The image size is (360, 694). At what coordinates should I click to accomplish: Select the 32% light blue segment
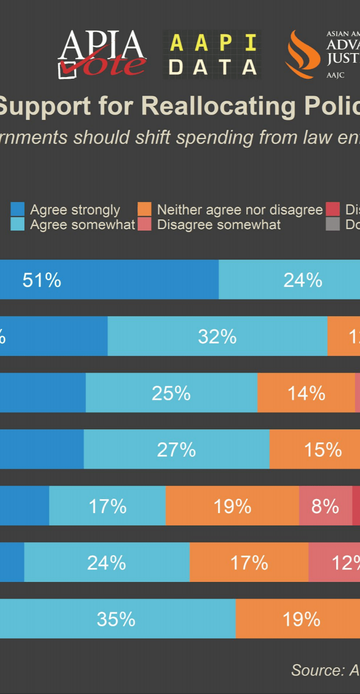point(217,336)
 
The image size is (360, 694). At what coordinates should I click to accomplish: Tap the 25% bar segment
point(171,393)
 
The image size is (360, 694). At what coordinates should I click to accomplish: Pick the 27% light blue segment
point(176,449)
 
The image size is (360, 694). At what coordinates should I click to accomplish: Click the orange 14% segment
point(306,393)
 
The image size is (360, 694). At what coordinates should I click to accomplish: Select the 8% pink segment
point(325,506)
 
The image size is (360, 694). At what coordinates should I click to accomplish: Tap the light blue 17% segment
point(107,506)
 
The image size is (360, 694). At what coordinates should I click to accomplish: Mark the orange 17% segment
point(249,562)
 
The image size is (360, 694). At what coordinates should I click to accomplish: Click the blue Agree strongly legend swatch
point(17,209)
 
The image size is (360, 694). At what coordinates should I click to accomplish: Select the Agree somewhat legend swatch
point(17,224)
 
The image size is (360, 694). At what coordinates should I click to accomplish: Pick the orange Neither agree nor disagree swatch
point(144,209)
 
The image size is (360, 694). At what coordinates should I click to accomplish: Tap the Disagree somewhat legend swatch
point(144,224)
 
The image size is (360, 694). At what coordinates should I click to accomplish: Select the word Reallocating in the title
point(218,106)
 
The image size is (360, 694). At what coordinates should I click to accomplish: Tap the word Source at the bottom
point(317,670)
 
